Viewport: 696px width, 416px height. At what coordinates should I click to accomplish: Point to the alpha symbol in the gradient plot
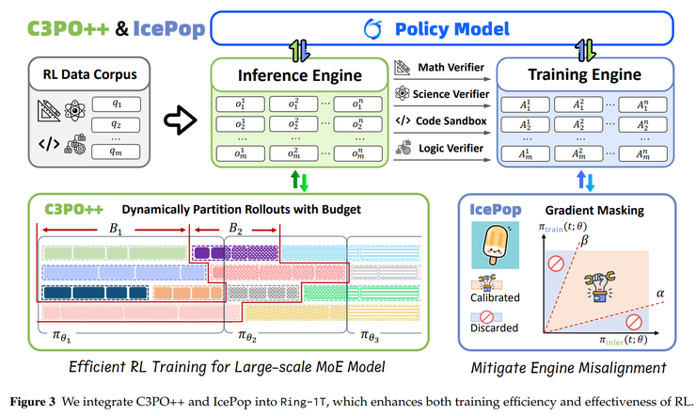pyautogui.click(x=658, y=294)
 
